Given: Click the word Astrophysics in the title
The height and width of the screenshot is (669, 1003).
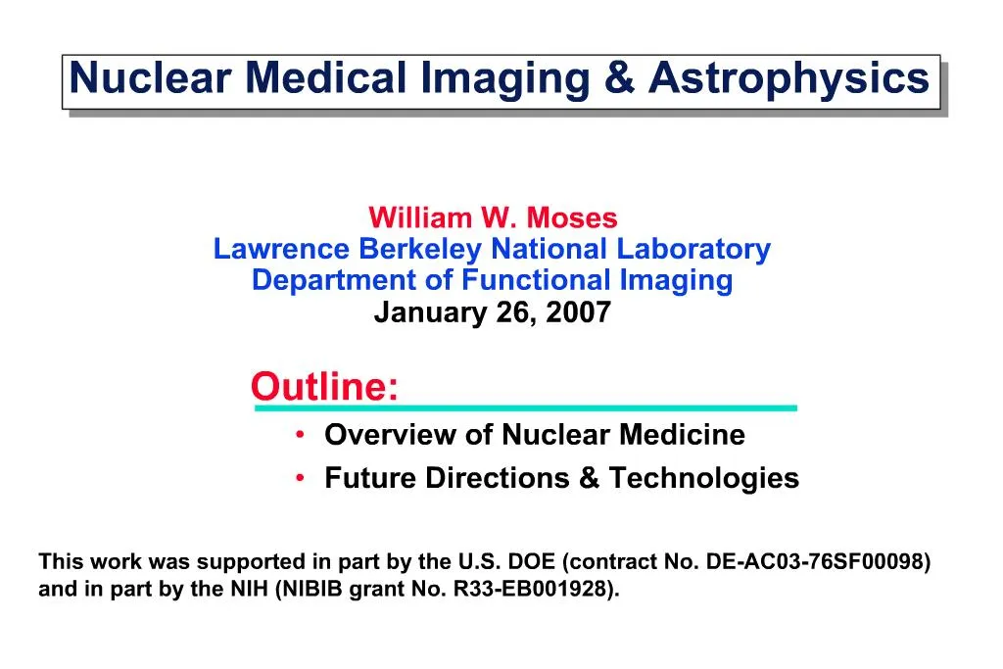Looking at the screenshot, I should coord(788,77).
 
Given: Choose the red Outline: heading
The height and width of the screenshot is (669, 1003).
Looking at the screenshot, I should coord(324,387).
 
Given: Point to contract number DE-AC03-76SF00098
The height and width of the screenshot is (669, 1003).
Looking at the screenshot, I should coord(818,562).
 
